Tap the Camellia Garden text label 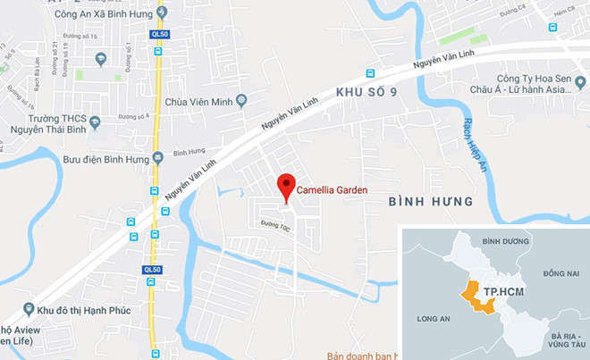tap(332, 190)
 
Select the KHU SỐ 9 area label tap(366, 92)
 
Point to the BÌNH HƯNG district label tap(431, 202)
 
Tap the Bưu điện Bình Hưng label tap(111, 157)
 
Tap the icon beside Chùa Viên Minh tap(241, 101)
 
